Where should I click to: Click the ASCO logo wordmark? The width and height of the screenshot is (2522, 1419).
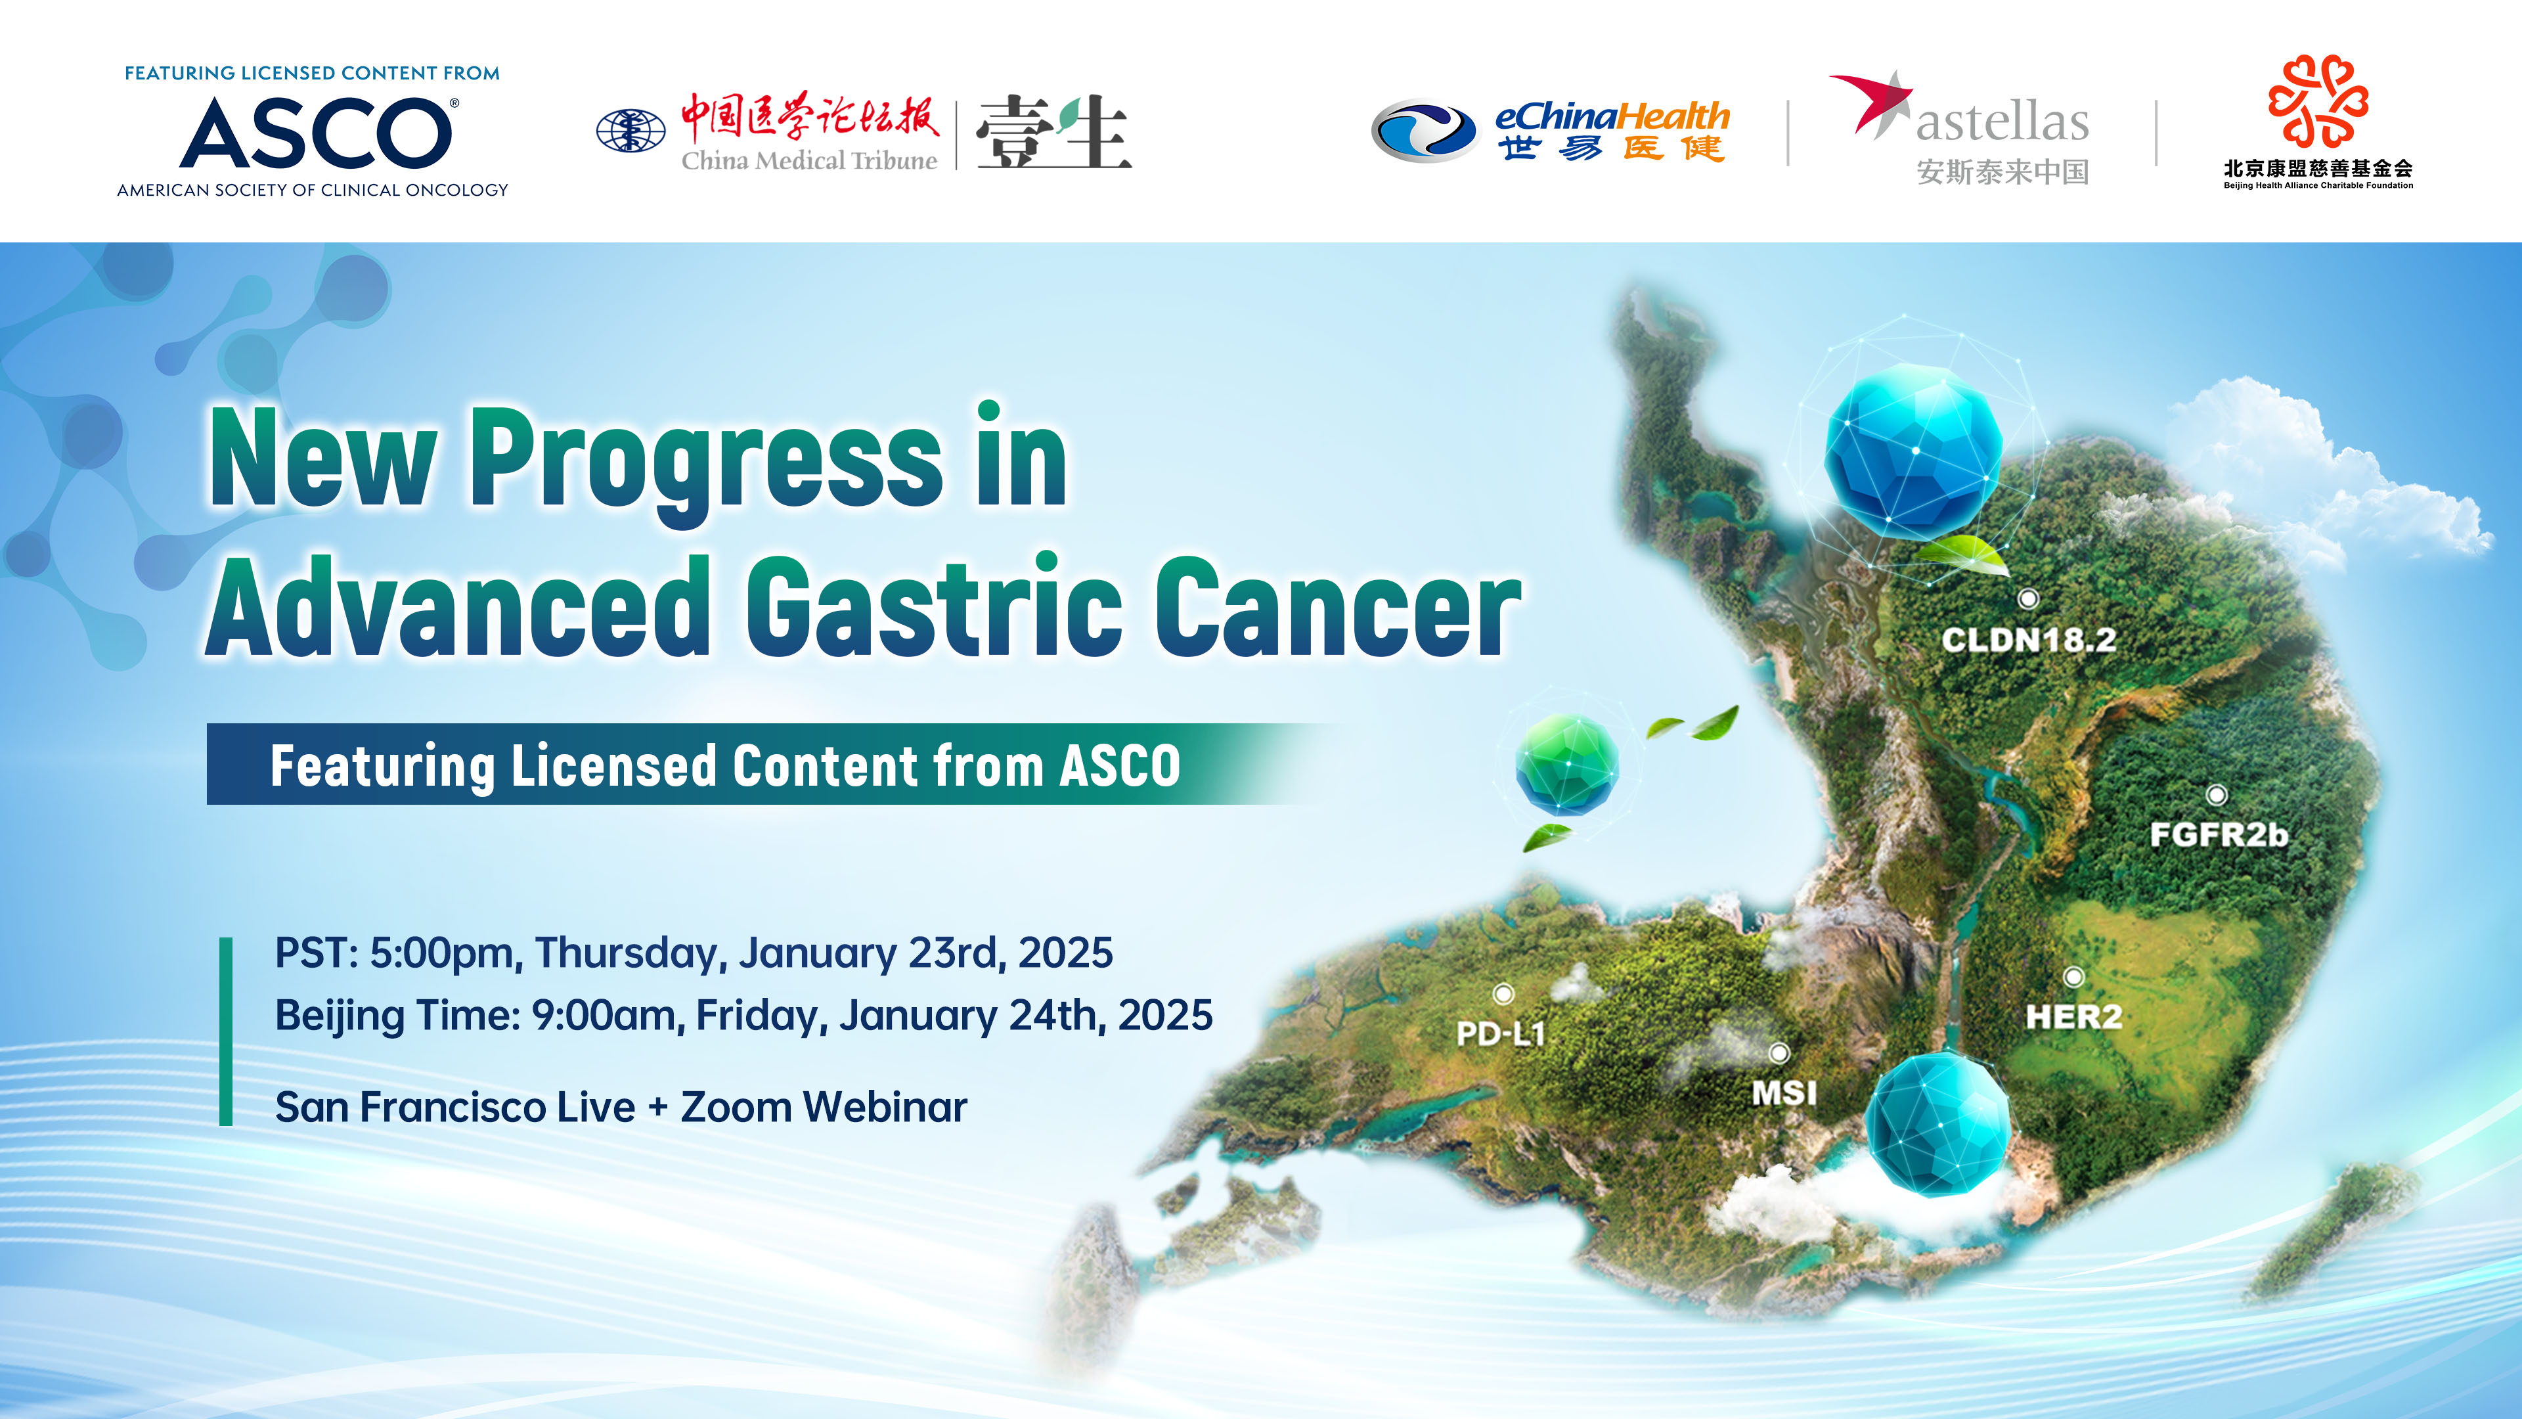pos(315,133)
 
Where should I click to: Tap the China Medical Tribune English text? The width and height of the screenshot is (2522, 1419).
pos(808,160)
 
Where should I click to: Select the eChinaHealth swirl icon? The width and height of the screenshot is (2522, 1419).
pos(1423,131)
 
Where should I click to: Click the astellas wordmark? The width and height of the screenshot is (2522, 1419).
pos(2002,122)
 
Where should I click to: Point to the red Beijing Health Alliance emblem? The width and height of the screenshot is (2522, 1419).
pos(2317,101)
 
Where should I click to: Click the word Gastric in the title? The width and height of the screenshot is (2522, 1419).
pos(934,607)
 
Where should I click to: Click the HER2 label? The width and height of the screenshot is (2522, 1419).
pos(2073,1016)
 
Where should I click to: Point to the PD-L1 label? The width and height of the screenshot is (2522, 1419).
pos(1500,1033)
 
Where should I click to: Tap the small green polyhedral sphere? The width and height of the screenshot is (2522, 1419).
pos(1566,764)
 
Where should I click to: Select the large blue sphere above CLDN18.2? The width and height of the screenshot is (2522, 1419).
pos(1913,451)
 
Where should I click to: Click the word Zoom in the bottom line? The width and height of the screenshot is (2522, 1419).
pos(736,1108)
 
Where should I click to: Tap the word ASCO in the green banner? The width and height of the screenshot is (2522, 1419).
pos(1120,766)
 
